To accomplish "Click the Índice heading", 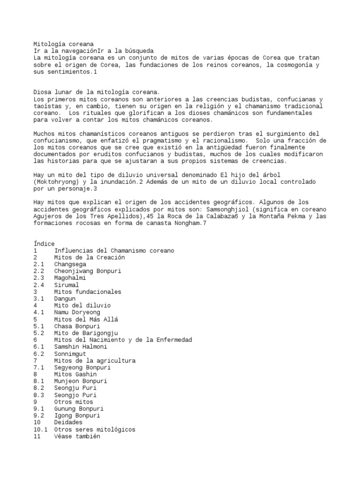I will [44, 244].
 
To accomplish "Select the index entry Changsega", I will [70, 264].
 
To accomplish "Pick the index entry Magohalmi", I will [70, 278].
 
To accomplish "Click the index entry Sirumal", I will [67, 285].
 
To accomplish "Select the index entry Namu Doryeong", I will [77, 312].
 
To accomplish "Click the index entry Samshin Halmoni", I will [80, 346].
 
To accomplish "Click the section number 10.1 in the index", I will [40, 429].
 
